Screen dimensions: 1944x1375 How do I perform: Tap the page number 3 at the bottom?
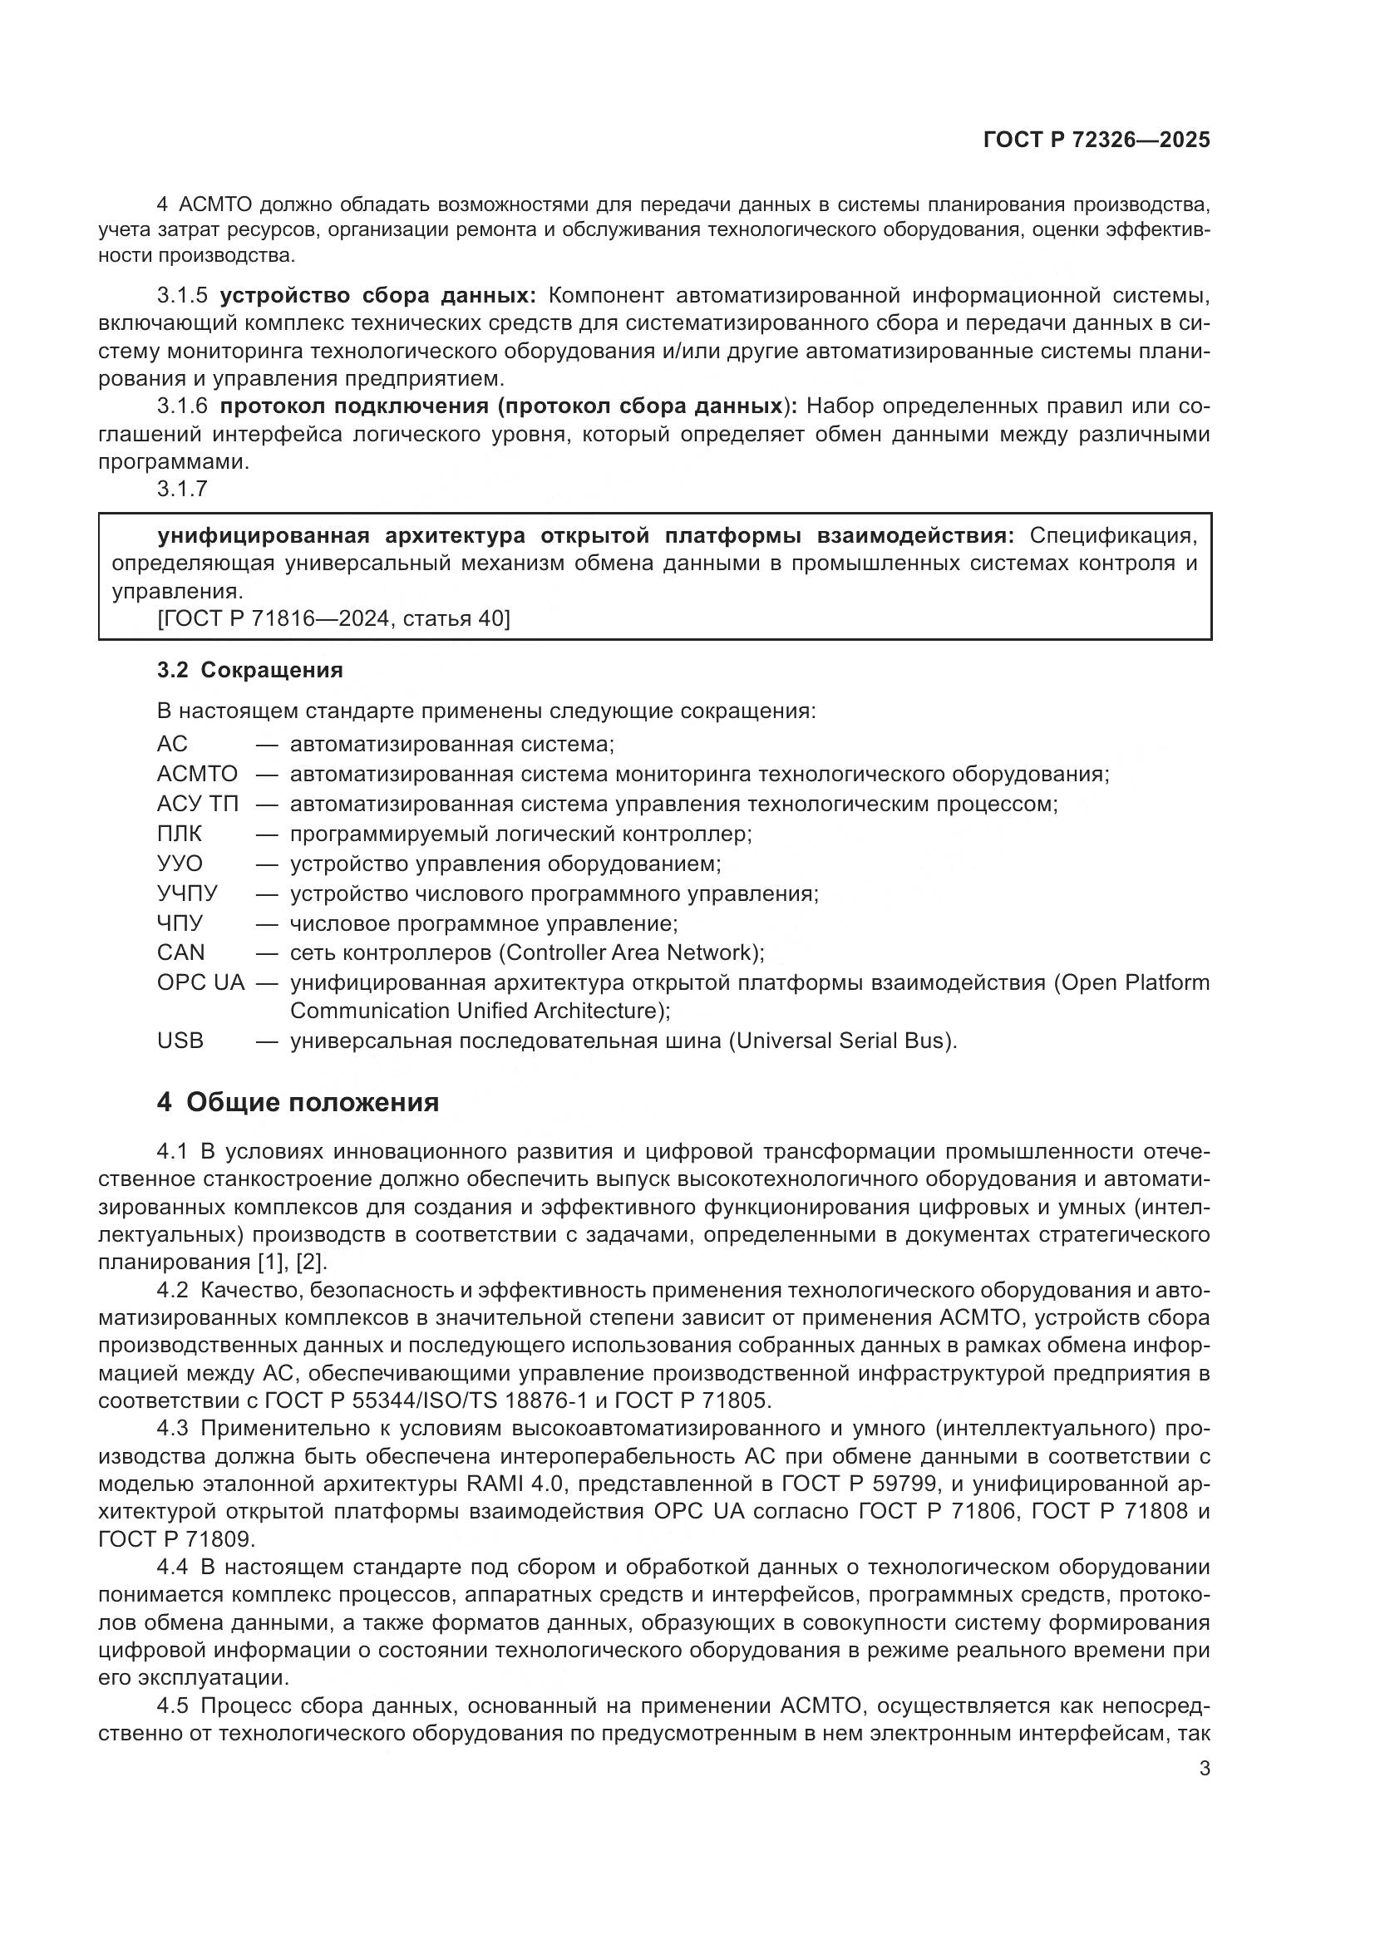click(x=1204, y=1768)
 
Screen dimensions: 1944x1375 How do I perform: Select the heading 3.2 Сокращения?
click(x=249, y=670)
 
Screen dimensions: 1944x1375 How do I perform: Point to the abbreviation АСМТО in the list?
click(x=197, y=774)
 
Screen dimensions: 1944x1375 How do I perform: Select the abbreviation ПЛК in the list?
click(x=180, y=833)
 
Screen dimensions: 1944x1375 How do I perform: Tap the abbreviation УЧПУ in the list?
click(x=187, y=893)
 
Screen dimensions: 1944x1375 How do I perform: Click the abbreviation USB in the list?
click(x=180, y=1040)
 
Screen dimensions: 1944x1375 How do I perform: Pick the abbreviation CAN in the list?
click(x=180, y=952)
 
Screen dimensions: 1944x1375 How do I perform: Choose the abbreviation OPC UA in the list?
click(x=200, y=982)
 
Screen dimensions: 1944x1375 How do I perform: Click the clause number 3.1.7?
click(x=182, y=489)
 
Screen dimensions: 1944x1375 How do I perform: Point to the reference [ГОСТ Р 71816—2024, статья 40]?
click(x=333, y=619)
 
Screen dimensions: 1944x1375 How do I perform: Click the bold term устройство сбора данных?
click(x=377, y=296)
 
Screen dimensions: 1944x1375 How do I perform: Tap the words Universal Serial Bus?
click(x=840, y=1041)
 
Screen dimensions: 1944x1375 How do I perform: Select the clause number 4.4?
click(x=173, y=1567)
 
